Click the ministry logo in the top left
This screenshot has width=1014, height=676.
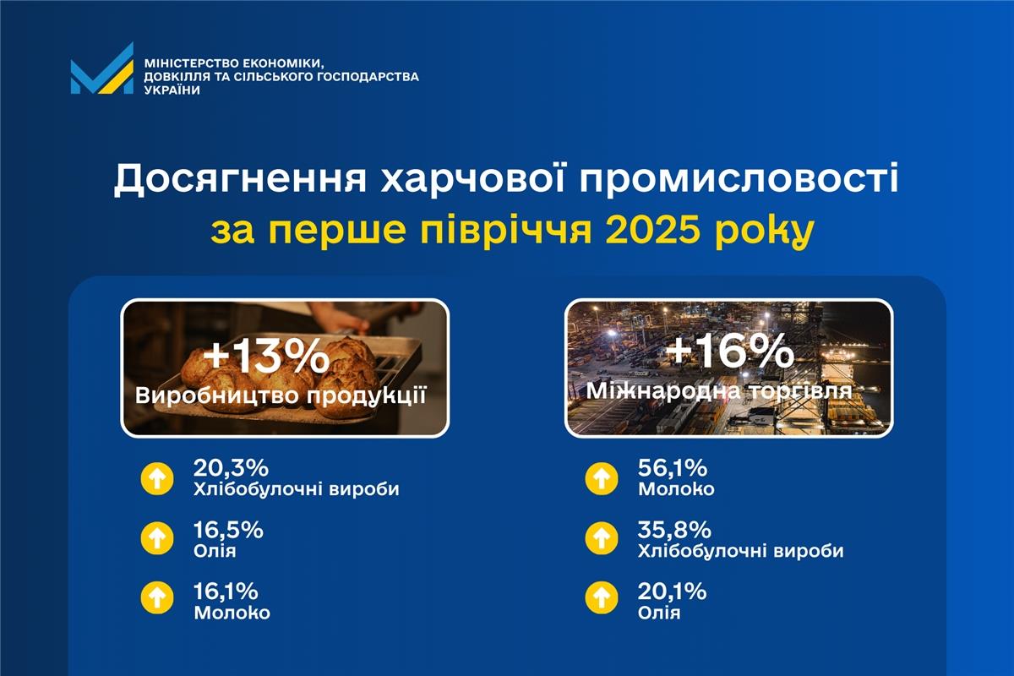(101, 68)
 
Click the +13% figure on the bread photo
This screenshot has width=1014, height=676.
(266, 356)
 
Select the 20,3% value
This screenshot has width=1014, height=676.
(227, 468)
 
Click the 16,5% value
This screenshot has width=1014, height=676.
(227, 530)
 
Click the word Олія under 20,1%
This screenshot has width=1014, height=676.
(659, 612)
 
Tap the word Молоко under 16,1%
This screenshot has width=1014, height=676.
(232, 613)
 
